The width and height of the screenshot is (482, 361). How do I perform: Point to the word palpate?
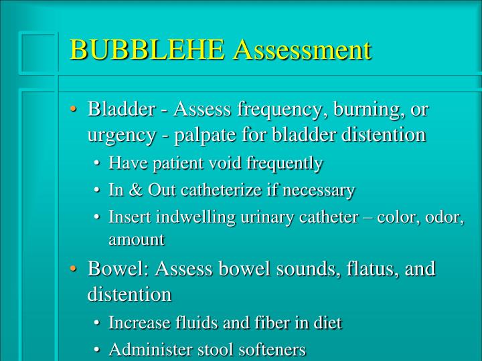tap(202, 134)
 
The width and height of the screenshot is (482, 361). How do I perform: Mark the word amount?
tap(136, 239)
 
